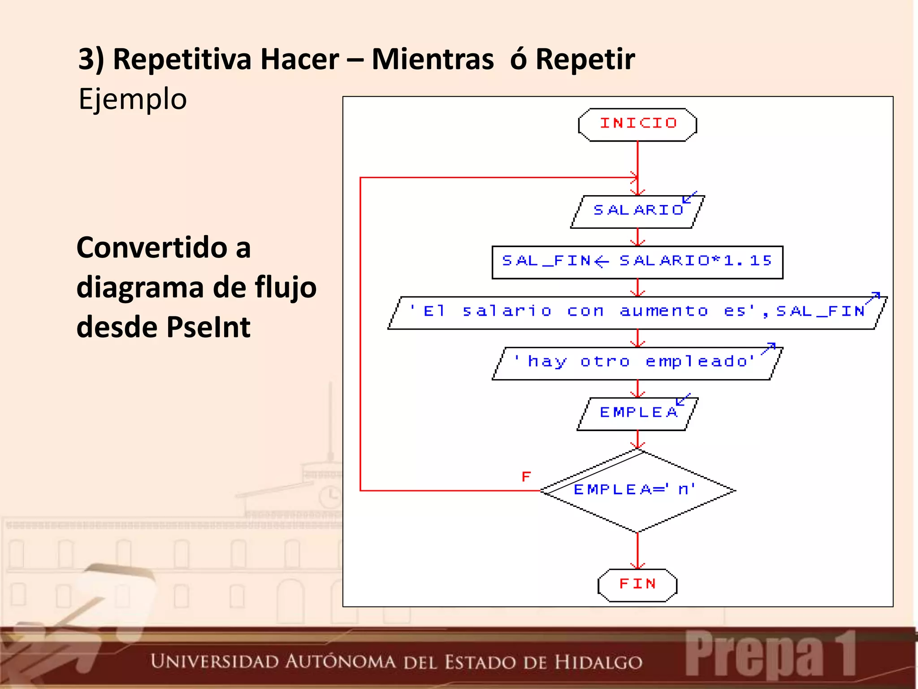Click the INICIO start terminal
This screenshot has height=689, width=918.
637,124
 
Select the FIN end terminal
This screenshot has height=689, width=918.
637,584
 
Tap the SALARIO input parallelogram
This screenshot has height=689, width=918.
637,211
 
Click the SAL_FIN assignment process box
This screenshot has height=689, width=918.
637,262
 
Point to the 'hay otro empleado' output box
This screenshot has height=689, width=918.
637,363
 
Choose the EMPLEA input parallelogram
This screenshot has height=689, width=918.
637,413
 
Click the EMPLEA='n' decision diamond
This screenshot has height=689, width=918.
637,491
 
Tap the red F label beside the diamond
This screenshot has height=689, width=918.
526,476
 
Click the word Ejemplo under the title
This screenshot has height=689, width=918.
132,99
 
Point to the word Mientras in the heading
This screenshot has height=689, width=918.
433,60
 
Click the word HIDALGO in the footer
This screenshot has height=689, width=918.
598,663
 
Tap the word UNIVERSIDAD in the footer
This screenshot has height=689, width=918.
214,662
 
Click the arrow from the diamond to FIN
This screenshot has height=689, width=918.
637,551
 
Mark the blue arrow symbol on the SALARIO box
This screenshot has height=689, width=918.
689,197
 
